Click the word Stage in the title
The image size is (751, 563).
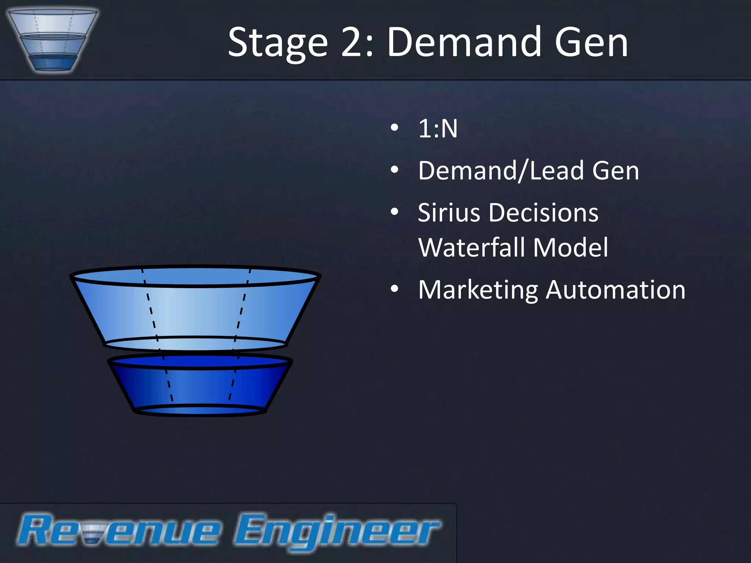point(277,43)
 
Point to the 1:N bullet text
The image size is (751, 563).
point(438,129)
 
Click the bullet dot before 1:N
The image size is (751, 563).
point(395,128)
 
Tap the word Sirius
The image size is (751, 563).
point(449,213)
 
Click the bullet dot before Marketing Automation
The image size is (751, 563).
point(395,289)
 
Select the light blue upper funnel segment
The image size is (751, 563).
point(195,312)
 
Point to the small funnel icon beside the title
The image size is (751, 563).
point(52,40)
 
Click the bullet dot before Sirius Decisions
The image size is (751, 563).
point(395,211)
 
